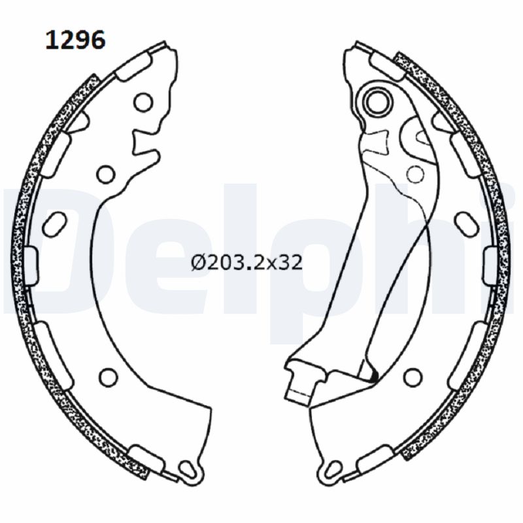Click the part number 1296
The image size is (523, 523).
point(74,41)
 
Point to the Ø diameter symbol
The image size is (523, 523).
point(197,263)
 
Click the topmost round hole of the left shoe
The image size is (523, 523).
point(143,102)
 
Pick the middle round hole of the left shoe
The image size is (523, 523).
point(105,173)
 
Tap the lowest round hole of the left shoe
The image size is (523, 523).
point(109,377)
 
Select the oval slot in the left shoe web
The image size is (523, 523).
point(54,222)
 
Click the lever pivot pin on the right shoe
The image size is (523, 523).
point(379,101)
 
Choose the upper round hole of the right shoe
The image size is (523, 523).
point(415,173)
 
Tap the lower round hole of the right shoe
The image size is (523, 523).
point(412,377)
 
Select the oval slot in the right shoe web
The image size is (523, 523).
point(467,222)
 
